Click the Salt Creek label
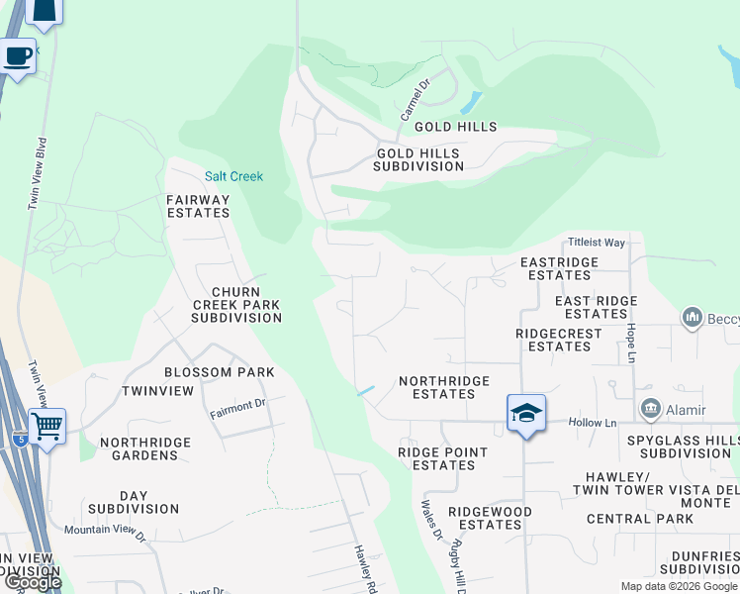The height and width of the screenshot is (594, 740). click(233, 176)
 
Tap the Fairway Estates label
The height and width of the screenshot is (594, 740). click(198, 206)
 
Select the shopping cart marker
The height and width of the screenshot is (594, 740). click(46, 427)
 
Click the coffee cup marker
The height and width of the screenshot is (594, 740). click(17, 56)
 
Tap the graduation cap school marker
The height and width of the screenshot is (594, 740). click(526, 413)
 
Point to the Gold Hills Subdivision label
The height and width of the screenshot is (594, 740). click(418, 159)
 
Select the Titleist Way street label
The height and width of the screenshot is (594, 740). click(597, 243)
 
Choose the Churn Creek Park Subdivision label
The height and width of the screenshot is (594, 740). click(236, 305)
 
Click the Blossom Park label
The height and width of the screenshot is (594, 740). click(219, 372)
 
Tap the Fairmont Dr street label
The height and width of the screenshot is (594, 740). click(237, 404)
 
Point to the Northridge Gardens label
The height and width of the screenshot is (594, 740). click(139, 448)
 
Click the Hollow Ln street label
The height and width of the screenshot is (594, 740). click(593, 423)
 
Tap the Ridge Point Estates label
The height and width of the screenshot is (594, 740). click(442, 458)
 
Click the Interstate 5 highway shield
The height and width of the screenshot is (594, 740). click(21, 439)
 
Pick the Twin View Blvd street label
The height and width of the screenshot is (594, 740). click(41, 174)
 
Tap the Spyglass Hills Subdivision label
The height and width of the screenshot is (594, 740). click(684, 446)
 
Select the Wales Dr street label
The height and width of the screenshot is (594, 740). click(432, 519)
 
